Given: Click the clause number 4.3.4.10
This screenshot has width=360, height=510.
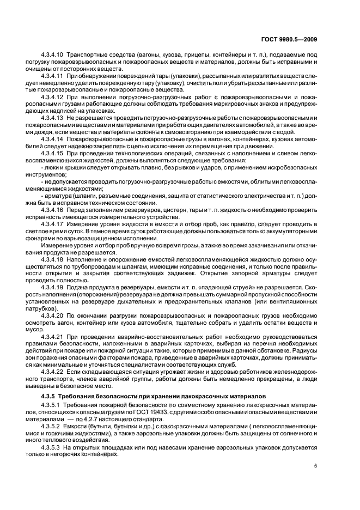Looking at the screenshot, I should pos(52,55).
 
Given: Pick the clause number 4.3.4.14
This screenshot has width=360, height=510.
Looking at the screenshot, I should pos(52,140).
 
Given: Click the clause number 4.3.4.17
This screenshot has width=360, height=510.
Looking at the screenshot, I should pos(52,223).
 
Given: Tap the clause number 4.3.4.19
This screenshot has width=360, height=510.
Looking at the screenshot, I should pos(52,285).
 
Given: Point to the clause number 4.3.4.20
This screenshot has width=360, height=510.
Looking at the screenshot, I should pos(52,315).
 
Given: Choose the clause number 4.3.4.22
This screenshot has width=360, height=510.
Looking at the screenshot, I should pos(52,371).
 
